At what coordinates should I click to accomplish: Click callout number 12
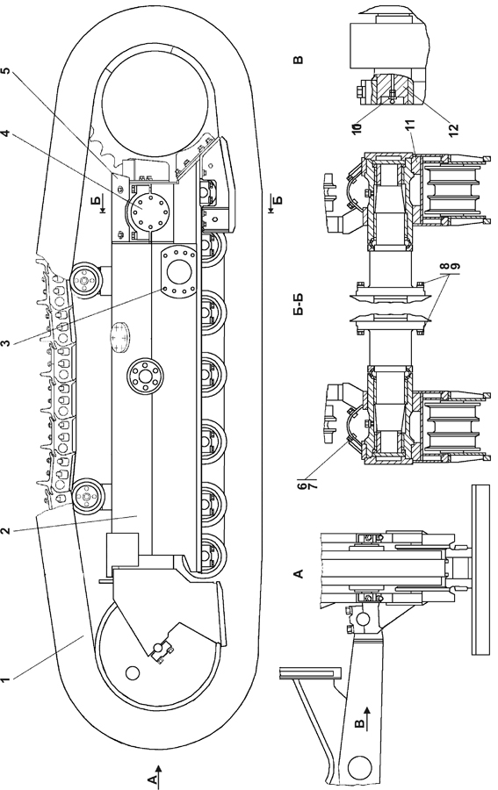(452, 125)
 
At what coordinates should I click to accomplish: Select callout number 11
(409, 126)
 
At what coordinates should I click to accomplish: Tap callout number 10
(357, 125)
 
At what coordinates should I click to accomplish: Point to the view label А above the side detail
(299, 573)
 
